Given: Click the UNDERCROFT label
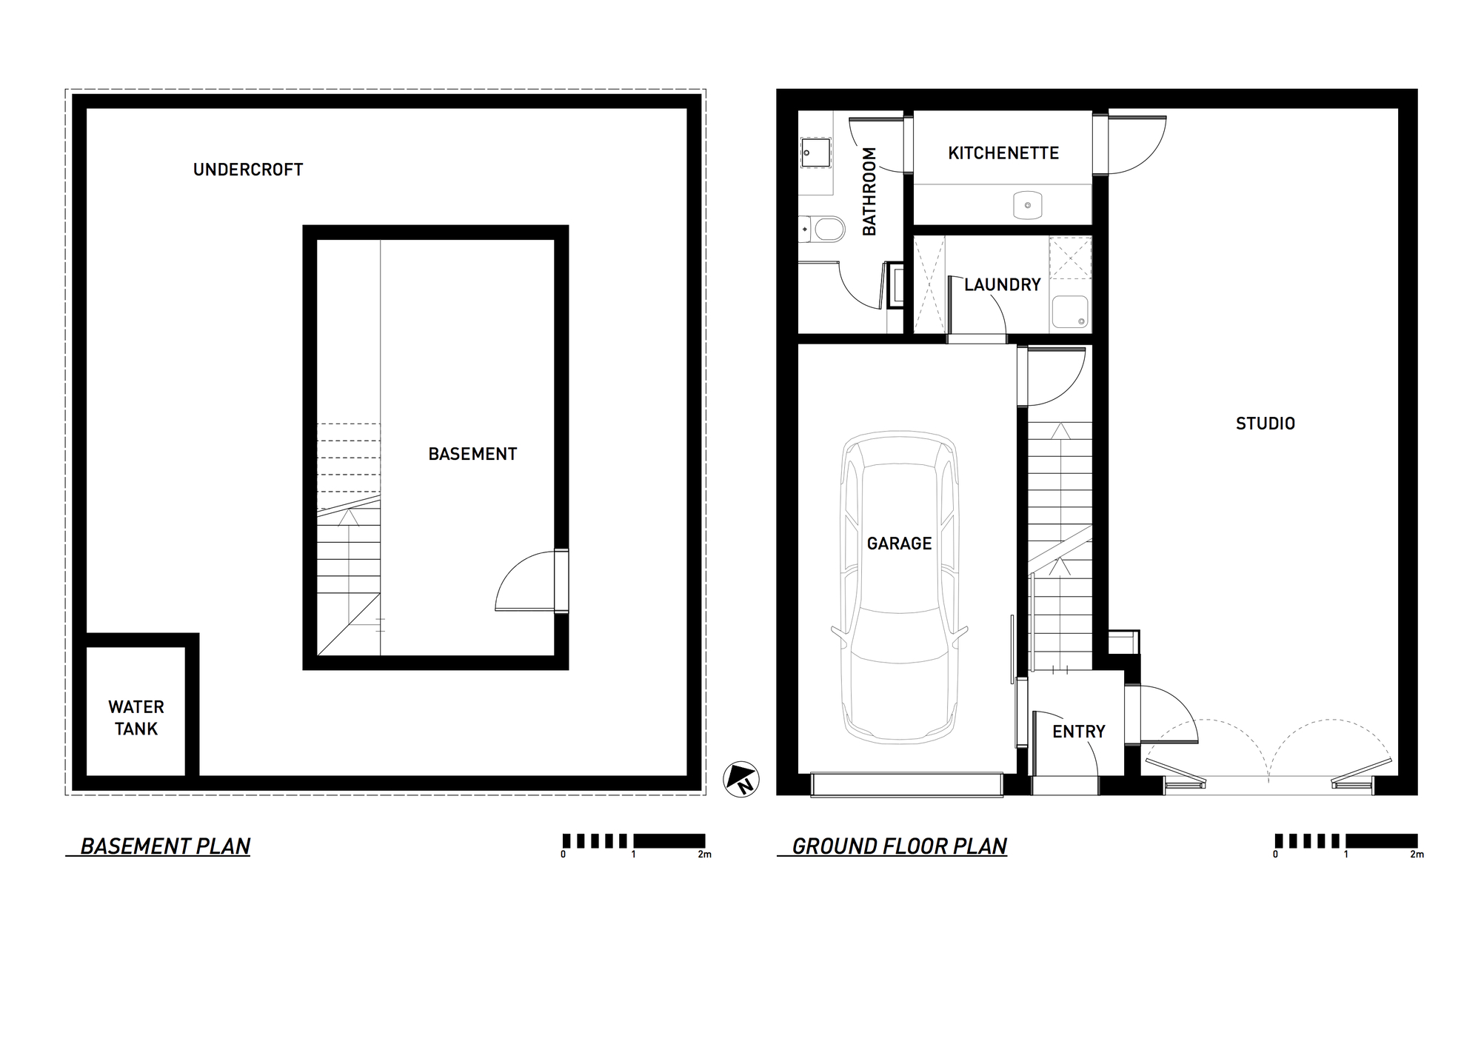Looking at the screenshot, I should click(248, 170).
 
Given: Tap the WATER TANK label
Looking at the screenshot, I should click(136, 717).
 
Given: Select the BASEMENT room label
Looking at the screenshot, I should click(472, 454).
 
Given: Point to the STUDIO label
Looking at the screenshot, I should click(1266, 424).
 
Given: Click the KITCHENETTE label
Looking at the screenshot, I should click(1003, 153).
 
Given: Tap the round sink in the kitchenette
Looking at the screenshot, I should click(1027, 205).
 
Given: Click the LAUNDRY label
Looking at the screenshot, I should click(1003, 285).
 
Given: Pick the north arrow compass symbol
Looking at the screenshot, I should click(741, 779).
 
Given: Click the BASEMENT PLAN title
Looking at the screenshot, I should click(165, 846).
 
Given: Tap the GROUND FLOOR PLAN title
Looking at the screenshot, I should click(899, 846).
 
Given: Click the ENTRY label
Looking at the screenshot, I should click(1078, 732).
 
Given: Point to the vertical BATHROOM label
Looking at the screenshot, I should click(869, 192).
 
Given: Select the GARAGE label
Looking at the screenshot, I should click(899, 543).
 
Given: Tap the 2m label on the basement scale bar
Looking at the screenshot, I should click(704, 854).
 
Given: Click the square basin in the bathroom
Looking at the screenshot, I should click(815, 154).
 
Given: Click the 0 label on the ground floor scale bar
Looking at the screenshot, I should click(1275, 854).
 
